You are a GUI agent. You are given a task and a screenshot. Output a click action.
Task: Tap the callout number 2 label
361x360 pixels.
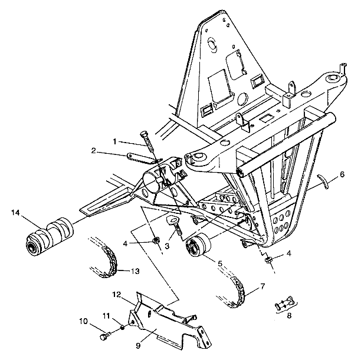(93, 151)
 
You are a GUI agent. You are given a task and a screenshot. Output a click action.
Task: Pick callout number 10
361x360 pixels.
(82, 322)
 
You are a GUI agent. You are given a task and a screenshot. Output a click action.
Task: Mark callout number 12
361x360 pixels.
(117, 293)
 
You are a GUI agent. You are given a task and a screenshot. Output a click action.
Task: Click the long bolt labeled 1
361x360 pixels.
(145, 144)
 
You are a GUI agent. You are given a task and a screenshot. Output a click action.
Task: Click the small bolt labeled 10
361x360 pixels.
(105, 336)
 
